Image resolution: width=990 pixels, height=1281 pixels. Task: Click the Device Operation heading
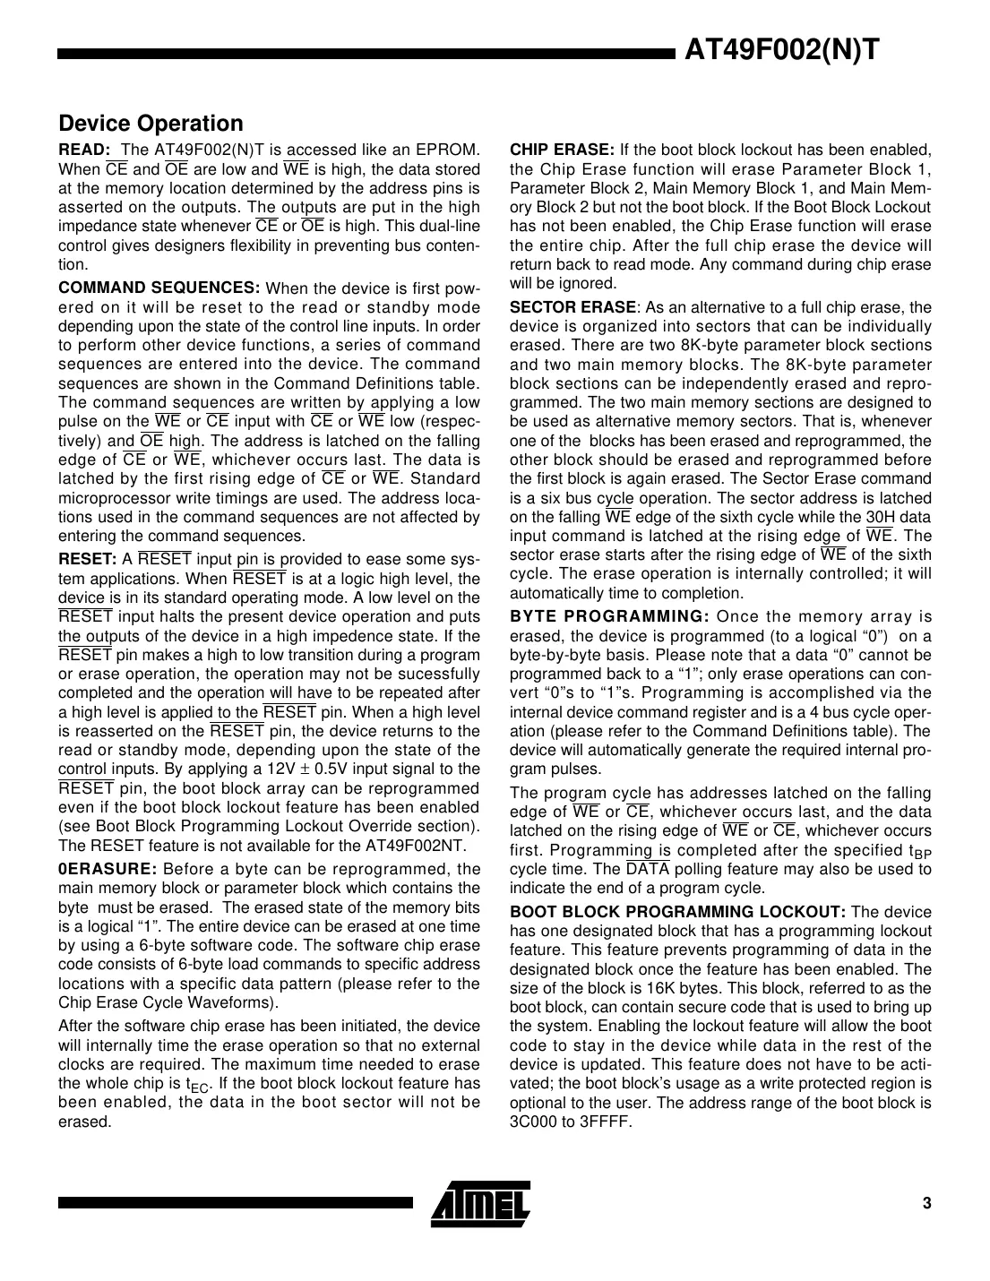[x=151, y=124]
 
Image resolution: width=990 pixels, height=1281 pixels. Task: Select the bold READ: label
[x=84, y=150]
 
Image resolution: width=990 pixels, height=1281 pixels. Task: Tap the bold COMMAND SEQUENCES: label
[x=159, y=288]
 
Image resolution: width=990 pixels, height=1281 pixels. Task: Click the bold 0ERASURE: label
[x=108, y=869]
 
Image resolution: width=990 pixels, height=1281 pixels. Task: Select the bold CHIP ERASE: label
[x=562, y=150]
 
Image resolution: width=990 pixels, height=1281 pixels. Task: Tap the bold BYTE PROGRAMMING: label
[x=609, y=616]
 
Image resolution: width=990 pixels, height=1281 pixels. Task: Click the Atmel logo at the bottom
[x=480, y=1202]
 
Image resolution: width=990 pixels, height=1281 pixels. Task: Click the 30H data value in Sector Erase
[x=881, y=517]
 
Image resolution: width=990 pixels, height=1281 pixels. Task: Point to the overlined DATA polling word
[x=647, y=869]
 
